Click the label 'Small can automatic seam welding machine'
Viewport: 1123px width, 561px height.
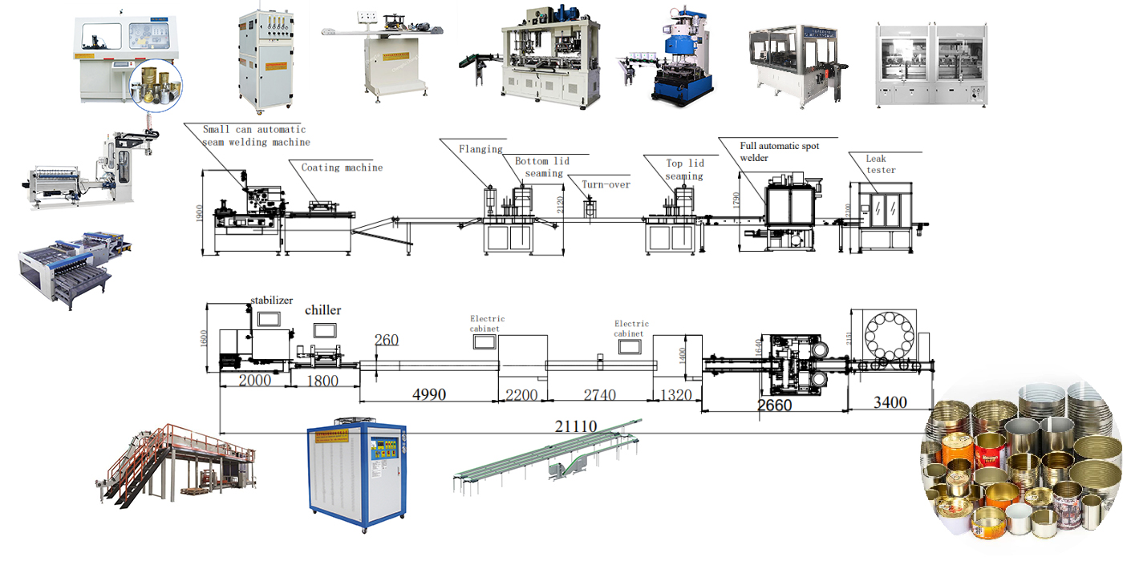click(x=255, y=135)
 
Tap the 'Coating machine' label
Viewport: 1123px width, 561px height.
click(x=342, y=167)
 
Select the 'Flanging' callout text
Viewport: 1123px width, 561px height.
click(x=480, y=149)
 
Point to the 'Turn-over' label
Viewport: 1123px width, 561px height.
click(x=606, y=184)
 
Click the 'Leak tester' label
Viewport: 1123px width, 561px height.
click(x=880, y=164)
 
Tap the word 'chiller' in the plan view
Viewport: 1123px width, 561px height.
click(x=322, y=310)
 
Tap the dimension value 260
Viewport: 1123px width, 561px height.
click(x=386, y=340)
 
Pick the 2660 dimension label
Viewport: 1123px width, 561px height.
click(x=774, y=405)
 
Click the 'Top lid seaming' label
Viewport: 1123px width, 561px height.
click(x=684, y=169)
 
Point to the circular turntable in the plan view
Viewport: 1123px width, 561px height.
click(x=891, y=337)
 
